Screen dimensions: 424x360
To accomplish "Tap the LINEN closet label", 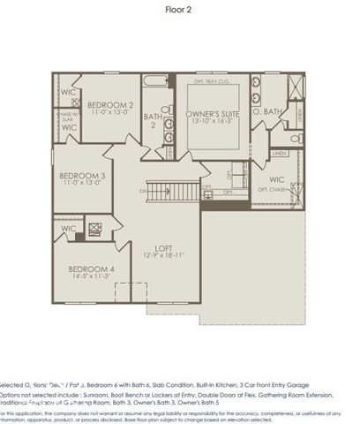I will (280, 152).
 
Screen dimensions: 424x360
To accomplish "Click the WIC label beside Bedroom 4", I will (69, 229).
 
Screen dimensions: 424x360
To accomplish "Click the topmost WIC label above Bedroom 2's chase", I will (68, 92).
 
